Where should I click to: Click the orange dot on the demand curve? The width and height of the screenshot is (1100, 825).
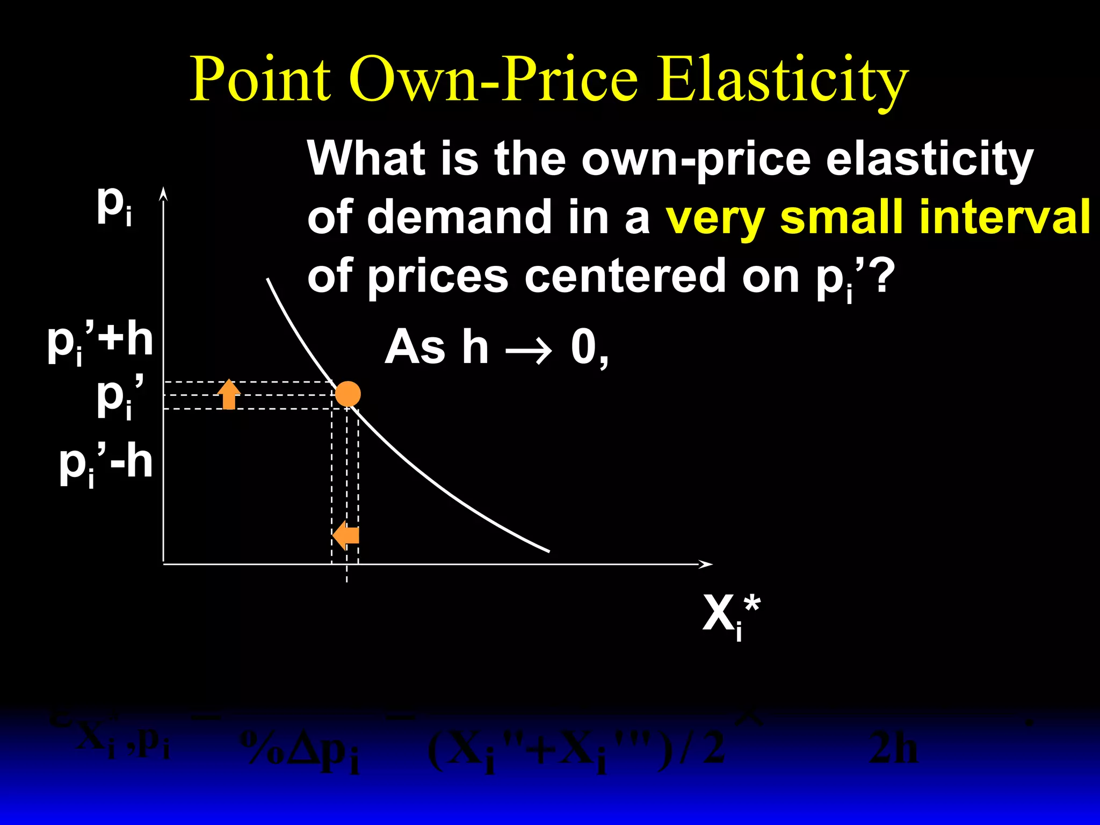point(348,394)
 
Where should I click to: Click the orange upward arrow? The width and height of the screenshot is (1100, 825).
point(229,394)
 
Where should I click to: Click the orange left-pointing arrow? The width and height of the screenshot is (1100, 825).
point(346,535)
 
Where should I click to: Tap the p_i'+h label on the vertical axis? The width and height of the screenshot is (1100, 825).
point(100,342)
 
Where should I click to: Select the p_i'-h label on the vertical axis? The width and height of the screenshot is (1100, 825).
point(106,464)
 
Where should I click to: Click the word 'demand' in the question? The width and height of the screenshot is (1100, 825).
point(460,216)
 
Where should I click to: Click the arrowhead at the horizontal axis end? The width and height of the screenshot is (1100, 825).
point(706,564)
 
